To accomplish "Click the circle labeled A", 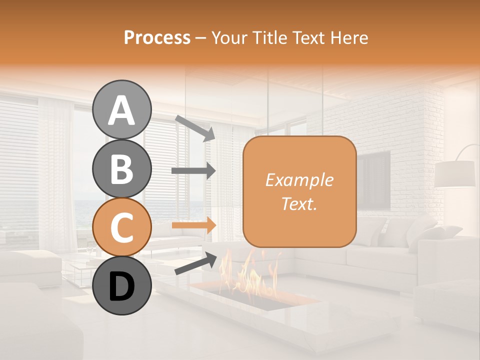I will (x=122, y=109).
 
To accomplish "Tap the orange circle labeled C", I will (x=122, y=226).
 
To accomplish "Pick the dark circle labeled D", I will (x=122, y=285).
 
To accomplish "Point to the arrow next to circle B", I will (x=193, y=171).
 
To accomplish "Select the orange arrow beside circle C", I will (x=193, y=225).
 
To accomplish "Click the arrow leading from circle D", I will (x=195, y=264).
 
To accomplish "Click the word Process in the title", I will (x=157, y=37).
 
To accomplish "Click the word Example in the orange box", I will (x=299, y=180).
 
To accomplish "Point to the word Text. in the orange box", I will (x=299, y=203).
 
